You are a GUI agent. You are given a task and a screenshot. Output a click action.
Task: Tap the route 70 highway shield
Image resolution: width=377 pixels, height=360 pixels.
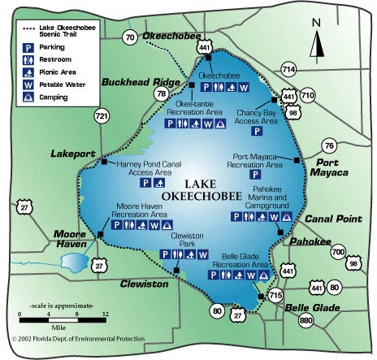click(130, 37)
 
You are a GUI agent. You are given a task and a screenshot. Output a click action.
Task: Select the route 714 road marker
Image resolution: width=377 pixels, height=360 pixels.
click(288, 69)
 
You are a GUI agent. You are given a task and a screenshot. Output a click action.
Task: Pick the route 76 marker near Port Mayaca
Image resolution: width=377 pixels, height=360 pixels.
click(328, 145)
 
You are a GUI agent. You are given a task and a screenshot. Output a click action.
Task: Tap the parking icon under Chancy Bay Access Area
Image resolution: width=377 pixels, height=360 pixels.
click(258, 130)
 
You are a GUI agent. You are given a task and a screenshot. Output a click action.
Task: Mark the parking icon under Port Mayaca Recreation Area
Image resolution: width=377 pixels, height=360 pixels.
click(254, 173)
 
